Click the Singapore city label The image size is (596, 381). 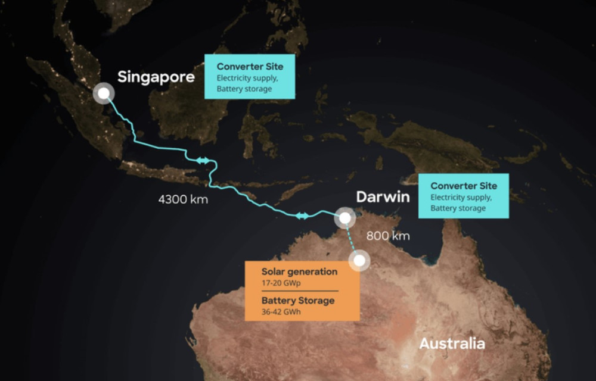coord(156,77)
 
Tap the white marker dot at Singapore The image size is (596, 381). coord(104,93)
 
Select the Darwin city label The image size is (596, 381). coord(383,196)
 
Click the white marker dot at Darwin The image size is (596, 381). coord(344,218)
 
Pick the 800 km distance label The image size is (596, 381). coord(388,236)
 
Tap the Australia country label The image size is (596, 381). coord(452,343)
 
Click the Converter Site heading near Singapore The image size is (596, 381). coord(250,67)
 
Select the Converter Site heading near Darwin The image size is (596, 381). coord(464,186)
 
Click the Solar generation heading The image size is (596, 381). coord(299,271)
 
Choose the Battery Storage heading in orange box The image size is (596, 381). coord(298,301)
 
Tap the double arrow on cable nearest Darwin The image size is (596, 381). coord(302,215)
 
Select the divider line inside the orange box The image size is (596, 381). coord(300,291)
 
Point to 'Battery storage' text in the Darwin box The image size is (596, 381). coord(458,208)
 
